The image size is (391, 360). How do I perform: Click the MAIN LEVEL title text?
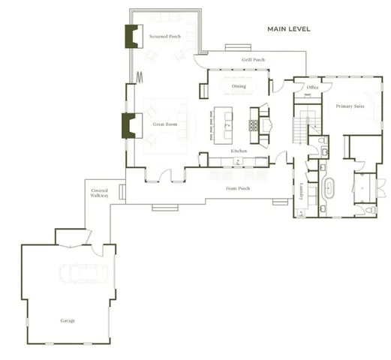(x=289, y=29)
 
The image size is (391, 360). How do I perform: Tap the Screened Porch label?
(x=164, y=37)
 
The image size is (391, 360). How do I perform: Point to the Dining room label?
(x=239, y=86)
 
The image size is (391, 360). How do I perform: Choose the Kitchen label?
(x=239, y=151)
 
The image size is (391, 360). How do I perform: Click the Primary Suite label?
(x=350, y=106)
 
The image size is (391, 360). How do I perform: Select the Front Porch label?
(x=238, y=188)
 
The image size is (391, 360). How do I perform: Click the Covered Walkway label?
(x=99, y=193)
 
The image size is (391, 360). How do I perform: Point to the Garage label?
(x=68, y=320)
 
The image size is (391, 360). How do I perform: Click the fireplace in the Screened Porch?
(x=134, y=35)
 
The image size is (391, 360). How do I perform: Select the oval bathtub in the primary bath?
(x=328, y=187)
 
